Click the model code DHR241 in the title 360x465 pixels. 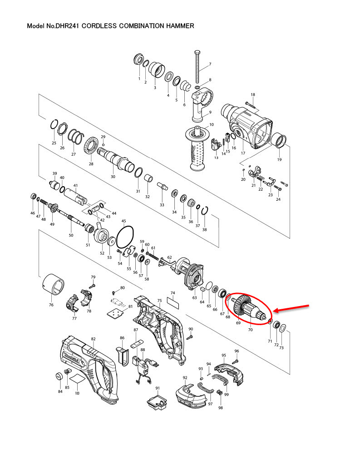point(68,26)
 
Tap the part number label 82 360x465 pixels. point(94,339)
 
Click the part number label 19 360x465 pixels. point(279,159)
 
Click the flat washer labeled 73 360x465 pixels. point(282,328)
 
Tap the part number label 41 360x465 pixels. point(76,185)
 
